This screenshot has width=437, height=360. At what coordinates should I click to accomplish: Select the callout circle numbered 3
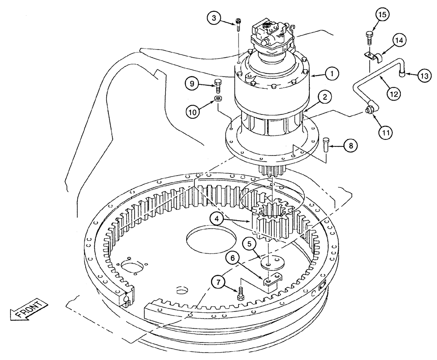click(x=214, y=18)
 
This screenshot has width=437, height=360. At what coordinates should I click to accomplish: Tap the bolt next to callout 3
click(x=238, y=25)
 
